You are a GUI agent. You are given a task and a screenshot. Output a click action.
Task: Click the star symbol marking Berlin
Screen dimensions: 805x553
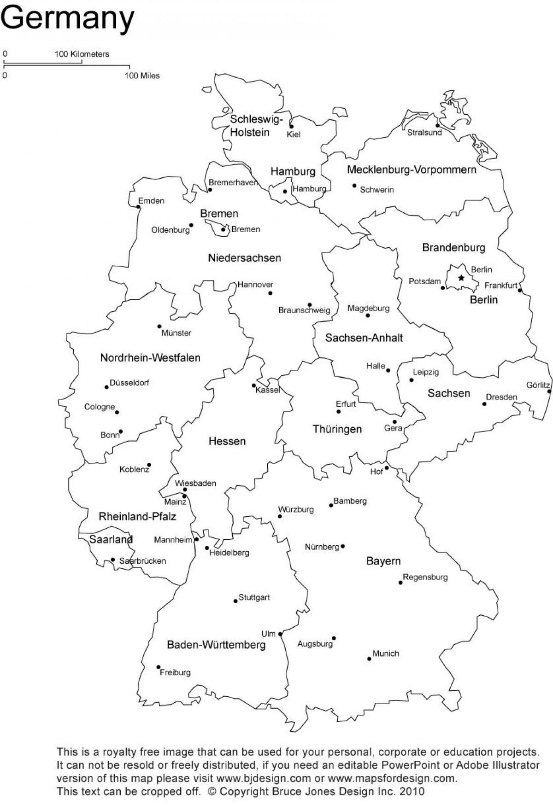click(461, 278)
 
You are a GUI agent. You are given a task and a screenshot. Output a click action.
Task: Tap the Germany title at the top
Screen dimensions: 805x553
click(67, 18)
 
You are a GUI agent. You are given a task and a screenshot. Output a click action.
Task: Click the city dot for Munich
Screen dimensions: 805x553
click(369, 659)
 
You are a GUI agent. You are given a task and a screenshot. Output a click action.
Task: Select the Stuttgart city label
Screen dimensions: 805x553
click(254, 597)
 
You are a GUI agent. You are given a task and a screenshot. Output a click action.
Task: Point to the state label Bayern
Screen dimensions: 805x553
click(383, 561)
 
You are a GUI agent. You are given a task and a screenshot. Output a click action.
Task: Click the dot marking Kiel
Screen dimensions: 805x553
click(291, 126)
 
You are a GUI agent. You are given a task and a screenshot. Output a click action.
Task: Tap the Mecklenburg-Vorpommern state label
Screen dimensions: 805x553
click(411, 169)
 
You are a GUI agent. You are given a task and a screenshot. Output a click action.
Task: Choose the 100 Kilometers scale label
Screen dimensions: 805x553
click(82, 54)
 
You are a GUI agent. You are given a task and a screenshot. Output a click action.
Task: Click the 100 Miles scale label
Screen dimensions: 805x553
click(142, 76)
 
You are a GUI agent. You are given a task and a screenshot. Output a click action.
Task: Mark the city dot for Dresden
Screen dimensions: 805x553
click(484, 404)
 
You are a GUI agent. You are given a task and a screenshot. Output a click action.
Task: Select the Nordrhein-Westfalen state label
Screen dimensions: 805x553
click(150, 358)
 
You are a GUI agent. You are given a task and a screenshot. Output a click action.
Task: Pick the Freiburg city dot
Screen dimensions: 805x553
click(159, 667)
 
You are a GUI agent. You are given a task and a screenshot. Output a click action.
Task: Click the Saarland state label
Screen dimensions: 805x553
click(111, 539)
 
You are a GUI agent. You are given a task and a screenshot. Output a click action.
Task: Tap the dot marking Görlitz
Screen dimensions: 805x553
click(549, 391)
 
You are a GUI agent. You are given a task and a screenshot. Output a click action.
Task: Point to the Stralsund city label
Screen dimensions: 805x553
click(424, 133)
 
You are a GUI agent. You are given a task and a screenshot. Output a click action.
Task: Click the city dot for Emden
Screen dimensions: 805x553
click(139, 207)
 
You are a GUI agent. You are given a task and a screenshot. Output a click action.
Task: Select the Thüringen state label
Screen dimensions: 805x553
click(337, 429)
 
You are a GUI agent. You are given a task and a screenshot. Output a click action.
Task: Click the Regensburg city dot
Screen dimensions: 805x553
click(400, 583)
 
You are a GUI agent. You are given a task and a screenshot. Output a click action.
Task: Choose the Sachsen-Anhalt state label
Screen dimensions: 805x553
click(364, 338)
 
